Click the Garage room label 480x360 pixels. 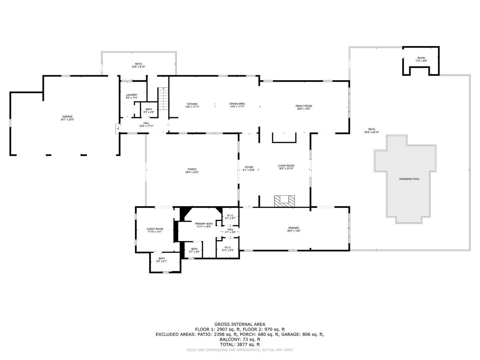pos(67,117)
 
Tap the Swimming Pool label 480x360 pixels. pos(409,179)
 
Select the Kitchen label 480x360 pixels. pos(192,104)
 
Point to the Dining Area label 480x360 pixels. pos(237,104)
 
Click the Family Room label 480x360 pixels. pos(304,106)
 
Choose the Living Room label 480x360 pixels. pos(286,166)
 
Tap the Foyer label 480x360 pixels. pos(249,167)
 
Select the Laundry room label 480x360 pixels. pos(132,95)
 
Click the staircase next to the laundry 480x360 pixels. pos(163,99)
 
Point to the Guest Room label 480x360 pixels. pos(155,229)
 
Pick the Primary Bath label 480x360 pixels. pos(204,224)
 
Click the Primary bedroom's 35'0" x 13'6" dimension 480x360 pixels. pos(294,231)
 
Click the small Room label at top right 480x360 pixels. pos(421,58)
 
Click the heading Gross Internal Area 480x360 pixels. pos(240,324)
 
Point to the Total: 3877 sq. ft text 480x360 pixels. pos(240,344)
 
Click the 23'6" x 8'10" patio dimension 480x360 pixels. pos(138,67)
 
